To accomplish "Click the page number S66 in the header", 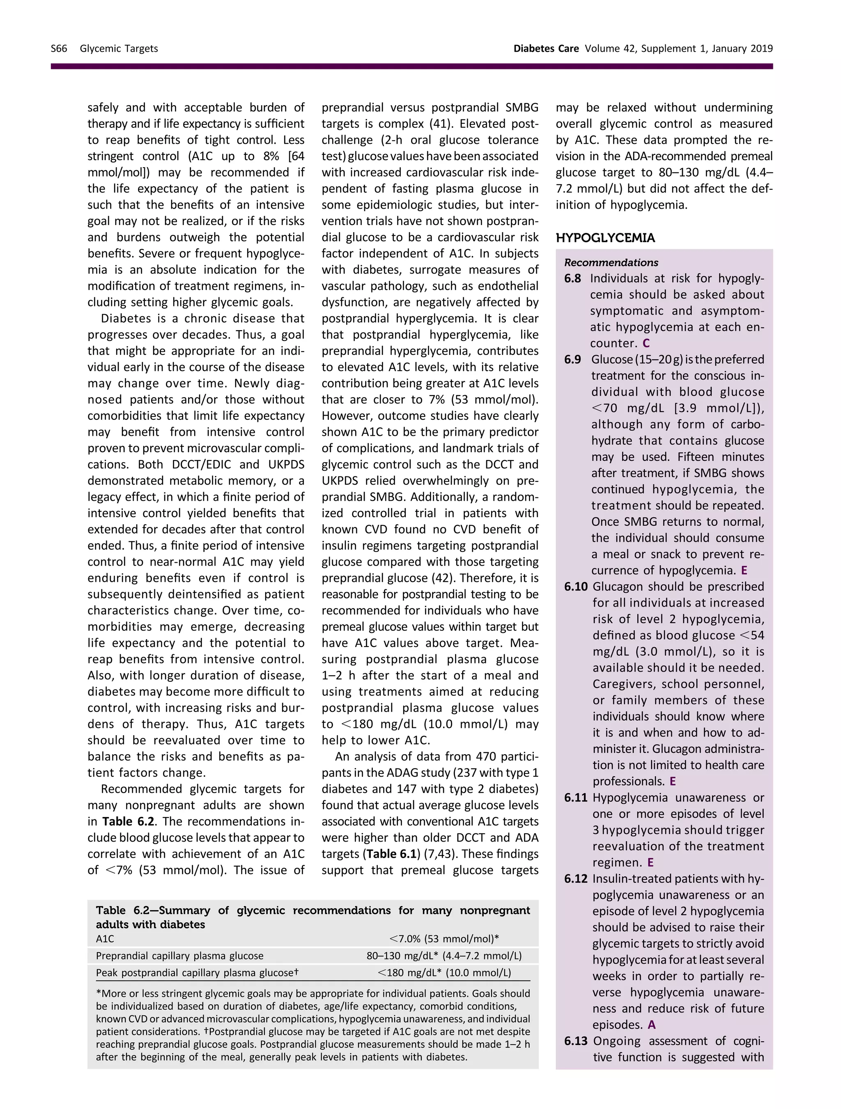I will pyautogui.click(x=59, y=48).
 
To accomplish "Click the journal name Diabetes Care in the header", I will pyautogui.click(x=545, y=48).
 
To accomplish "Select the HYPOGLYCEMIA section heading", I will pyautogui.click(x=604, y=238).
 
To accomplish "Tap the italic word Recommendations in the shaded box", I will pyautogui.click(x=611, y=263).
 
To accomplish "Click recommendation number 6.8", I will pyautogui.click(x=572, y=279).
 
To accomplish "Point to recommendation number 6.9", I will pyautogui.click(x=572, y=360).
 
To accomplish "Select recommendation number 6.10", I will pyautogui.click(x=575, y=587).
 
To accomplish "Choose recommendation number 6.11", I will pyautogui.click(x=575, y=798).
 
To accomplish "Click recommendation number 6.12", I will pyautogui.click(x=575, y=879).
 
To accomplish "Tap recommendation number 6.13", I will pyautogui.click(x=575, y=1042).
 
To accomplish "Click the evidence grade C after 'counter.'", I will pyautogui.click(x=646, y=343).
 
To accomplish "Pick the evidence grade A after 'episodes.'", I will pyautogui.click(x=652, y=1025).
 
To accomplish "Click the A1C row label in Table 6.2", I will pyautogui.click(x=105, y=939).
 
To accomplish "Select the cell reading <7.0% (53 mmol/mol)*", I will pyautogui.click(x=443, y=939).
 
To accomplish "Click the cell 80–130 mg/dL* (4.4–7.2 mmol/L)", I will pyautogui.click(x=443, y=956).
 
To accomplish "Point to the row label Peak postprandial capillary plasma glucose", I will pyautogui.click(x=196, y=973).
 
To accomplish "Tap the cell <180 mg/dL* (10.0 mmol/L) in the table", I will pyautogui.click(x=443, y=973).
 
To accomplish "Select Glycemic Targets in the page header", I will pyautogui.click(x=119, y=48).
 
